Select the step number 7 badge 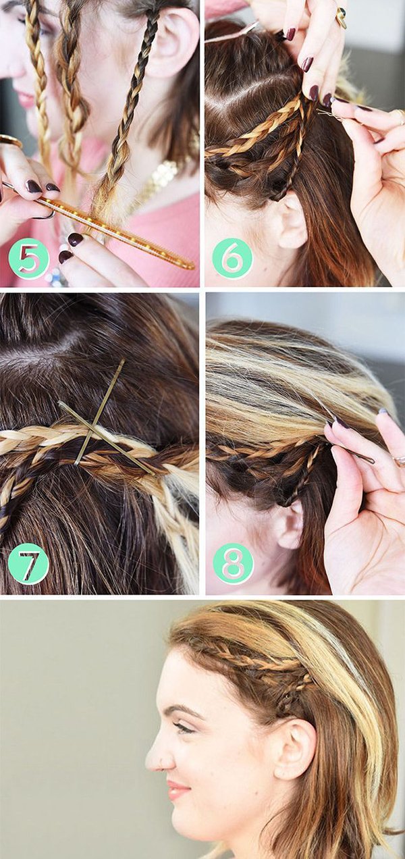click(28, 564)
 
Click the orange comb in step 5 click(115, 232)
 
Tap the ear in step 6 click(290, 221)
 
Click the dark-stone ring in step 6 click(341, 18)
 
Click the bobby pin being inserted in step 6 click(330, 114)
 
